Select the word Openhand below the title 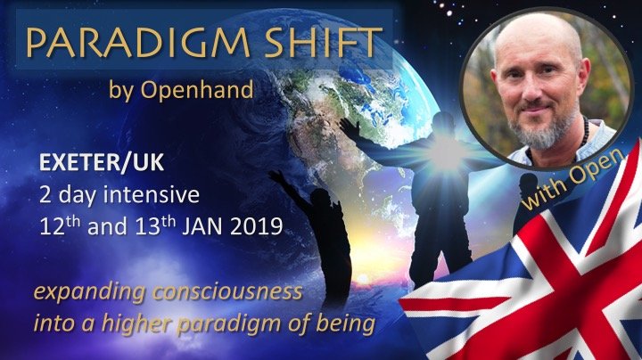click(197, 89)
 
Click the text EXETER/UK click(102, 162)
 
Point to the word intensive click(151, 195)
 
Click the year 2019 click(256, 226)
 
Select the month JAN click(202, 226)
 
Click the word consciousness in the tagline click(227, 292)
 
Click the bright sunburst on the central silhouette click(445, 153)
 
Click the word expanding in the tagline click(89, 293)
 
